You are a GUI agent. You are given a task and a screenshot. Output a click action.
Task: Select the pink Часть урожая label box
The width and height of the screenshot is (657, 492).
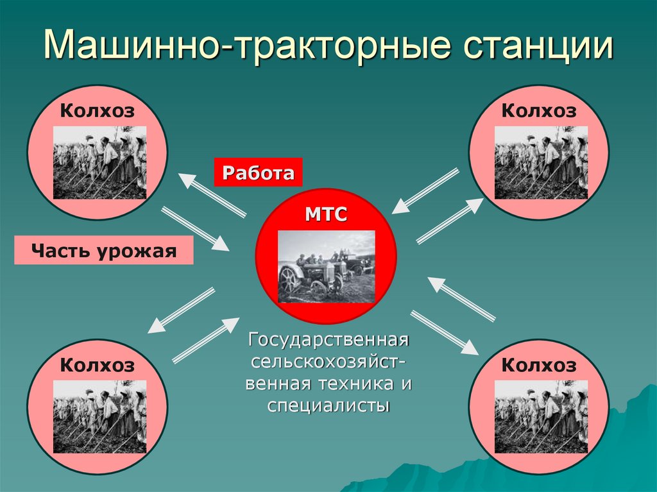pos(104,250)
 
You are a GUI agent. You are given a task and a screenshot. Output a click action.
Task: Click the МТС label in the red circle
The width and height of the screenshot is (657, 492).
pos(326,214)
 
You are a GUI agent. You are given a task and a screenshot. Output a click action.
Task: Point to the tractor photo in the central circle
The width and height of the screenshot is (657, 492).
pos(326,266)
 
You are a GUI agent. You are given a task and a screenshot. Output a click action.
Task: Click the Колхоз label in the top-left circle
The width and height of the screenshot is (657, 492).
pos(98,111)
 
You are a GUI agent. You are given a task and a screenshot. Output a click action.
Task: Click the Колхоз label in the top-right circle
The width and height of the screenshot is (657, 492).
pos(539,111)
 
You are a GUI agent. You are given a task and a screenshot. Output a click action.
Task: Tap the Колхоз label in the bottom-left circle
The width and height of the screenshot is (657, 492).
pos(98,366)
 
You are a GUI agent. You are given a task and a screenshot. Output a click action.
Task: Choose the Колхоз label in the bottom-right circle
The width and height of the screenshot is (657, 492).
pos(539,366)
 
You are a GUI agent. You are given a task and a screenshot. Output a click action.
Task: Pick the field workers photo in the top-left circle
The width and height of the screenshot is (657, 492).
pos(99,162)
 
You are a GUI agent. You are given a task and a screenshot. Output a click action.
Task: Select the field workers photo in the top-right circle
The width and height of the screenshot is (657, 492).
pos(541,162)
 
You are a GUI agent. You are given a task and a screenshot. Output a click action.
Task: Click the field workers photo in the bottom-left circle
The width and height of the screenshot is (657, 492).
pos(99,416)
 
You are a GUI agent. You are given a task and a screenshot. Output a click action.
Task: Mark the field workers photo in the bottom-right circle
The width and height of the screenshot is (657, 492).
pos(541,416)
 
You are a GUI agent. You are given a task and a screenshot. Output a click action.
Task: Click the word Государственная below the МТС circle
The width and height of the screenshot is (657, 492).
pos(328,338)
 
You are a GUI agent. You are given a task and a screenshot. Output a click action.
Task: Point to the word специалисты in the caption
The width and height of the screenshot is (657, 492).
pos(328,406)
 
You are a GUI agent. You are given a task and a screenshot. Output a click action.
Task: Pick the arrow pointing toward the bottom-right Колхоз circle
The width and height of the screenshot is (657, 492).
pos(445,332)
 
